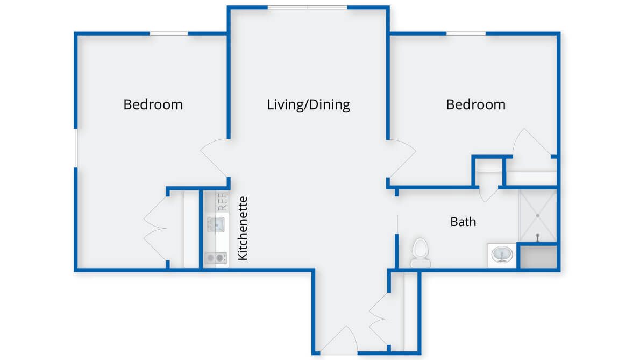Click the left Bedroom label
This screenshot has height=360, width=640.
point(153,104)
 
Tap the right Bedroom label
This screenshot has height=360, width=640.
point(475,104)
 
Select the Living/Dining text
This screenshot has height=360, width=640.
point(308,105)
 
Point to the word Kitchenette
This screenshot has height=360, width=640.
point(243,228)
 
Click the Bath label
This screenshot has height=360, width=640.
point(463,222)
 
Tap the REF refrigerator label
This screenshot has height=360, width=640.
point(223,202)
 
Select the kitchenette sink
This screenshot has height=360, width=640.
point(216,224)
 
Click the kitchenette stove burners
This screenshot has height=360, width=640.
point(216,258)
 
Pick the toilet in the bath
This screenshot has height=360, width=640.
point(421,253)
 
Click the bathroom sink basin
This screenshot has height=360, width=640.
point(502,255)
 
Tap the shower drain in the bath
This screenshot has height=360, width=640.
point(538,215)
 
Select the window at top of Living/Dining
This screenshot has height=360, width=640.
point(307,8)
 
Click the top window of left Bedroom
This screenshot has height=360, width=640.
point(168,33)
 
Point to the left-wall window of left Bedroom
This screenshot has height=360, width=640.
point(75,148)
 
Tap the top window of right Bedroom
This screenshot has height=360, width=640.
point(466,33)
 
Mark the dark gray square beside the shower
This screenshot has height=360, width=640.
point(538,256)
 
